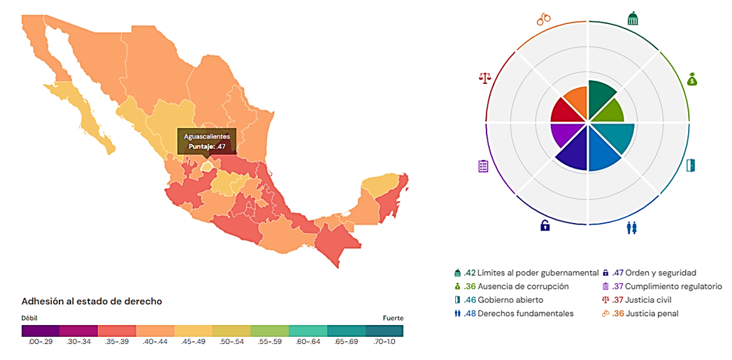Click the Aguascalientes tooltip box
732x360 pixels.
point(206,141)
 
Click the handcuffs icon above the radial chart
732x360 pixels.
point(544,19)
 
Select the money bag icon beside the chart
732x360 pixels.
point(691,79)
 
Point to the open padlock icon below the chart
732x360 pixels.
point(545,225)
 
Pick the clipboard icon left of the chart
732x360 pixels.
point(483,166)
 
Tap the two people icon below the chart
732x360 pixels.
point(632,227)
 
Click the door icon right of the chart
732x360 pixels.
point(691,166)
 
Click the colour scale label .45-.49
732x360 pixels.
point(193,343)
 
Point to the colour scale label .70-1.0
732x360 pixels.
point(385,343)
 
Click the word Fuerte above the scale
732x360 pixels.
point(392,318)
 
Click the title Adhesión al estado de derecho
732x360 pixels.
point(92,301)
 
